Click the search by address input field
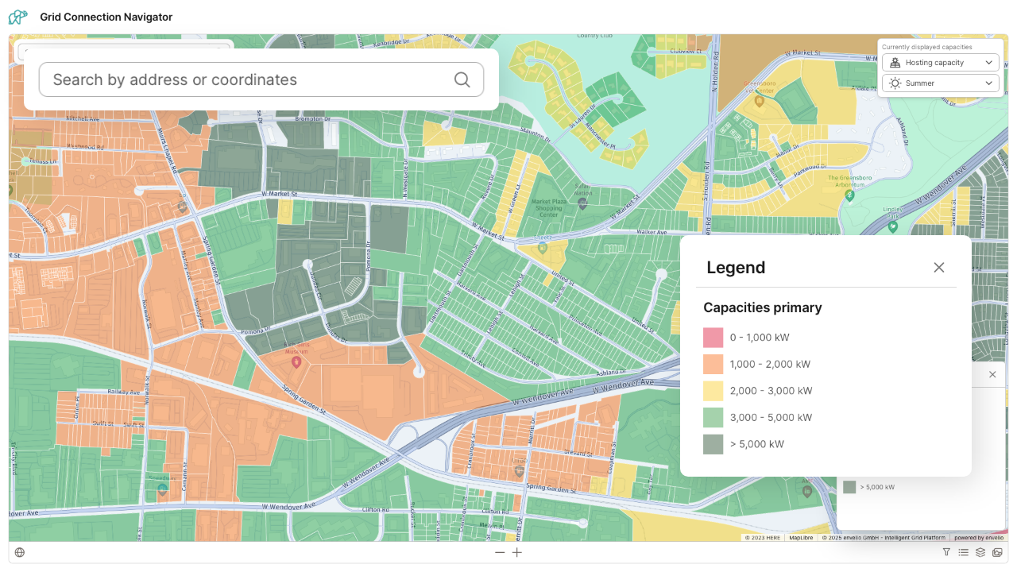(246, 79)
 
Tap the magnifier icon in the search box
(462, 79)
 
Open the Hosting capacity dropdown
(940, 63)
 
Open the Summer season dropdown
(940, 83)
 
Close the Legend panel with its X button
(939, 268)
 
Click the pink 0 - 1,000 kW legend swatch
(713, 338)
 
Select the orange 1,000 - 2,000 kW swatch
(713, 364)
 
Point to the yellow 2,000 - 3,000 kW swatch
(713, 391)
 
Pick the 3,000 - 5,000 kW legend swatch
(713, 417)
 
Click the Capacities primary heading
(762, 307)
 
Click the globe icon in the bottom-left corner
(20, 553)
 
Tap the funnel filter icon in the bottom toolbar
(946, 553)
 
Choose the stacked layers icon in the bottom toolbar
(980, 553)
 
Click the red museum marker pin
(296, 361)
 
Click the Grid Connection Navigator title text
(106, 17)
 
